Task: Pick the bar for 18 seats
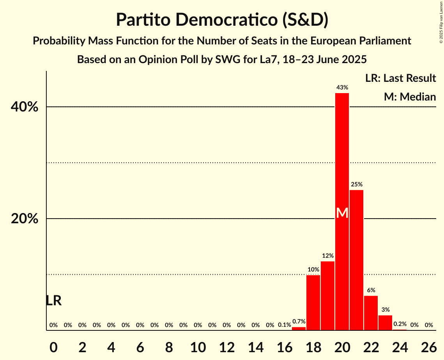tap(313, 303)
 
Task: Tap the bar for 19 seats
tap(327, 296)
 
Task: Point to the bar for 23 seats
tap(385, 323)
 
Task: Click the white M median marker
tap(342, 213)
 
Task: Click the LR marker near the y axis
tap(53, 301)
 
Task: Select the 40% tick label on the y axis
tap(25, 107)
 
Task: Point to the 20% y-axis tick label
tap(25, 219)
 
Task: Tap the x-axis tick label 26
tap(429, 347)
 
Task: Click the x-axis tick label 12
tap(227, 347)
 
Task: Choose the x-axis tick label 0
tap(53, 347)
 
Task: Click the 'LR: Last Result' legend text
tap(400, 78)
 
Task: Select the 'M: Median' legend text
tap(410, 97)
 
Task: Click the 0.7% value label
tap(299, 321)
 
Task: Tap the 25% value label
tap(356, 184)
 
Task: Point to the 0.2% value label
tap(400, 324)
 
